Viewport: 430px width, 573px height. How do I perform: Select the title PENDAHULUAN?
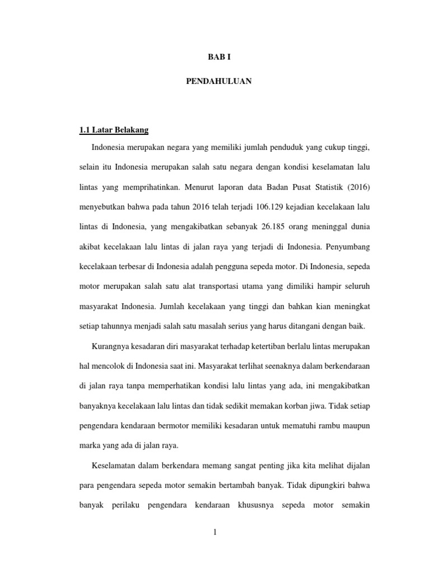pyautogui.click(x=218, y=82)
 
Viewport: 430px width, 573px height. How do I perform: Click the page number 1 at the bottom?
pyautogui.click(x=214, y=532)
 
